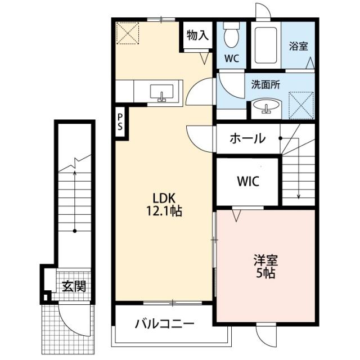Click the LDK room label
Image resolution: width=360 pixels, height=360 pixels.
(164, 198)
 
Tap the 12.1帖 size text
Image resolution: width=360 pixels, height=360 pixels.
(164, 211)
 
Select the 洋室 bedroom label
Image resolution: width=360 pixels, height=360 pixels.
(265, 260)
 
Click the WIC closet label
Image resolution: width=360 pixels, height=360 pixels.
(248, 181)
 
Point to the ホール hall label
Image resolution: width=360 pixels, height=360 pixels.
(247, 138)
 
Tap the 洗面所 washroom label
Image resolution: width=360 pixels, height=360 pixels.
(265, 85)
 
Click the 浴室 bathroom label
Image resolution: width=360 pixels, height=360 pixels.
(299, 46)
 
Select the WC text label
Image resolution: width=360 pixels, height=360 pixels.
(232, 58)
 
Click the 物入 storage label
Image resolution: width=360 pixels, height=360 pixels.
(197, 35)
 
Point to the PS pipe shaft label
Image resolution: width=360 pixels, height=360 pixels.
(120, 122)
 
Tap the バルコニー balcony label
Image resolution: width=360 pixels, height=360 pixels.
(164, 324)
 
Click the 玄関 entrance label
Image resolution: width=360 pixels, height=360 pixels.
(74, 286)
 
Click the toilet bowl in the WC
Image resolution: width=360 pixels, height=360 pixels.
(231, 35)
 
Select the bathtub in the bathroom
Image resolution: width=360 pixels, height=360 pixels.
(266, 45)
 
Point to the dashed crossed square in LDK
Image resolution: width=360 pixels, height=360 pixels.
(128, 33)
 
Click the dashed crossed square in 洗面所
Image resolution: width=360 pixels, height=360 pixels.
(301, 105)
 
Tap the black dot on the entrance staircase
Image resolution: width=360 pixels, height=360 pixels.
(75, 231)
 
